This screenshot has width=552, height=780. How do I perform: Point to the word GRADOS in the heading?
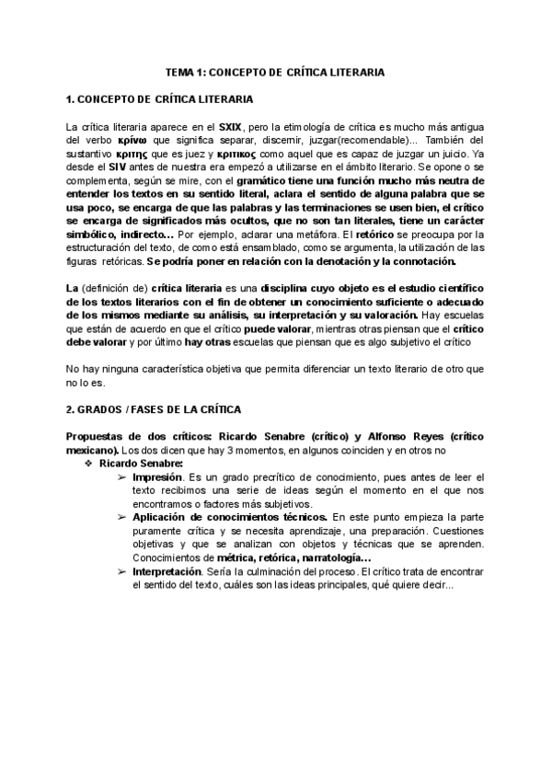coord(105,408)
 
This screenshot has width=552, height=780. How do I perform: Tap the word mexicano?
coord(91,452)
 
